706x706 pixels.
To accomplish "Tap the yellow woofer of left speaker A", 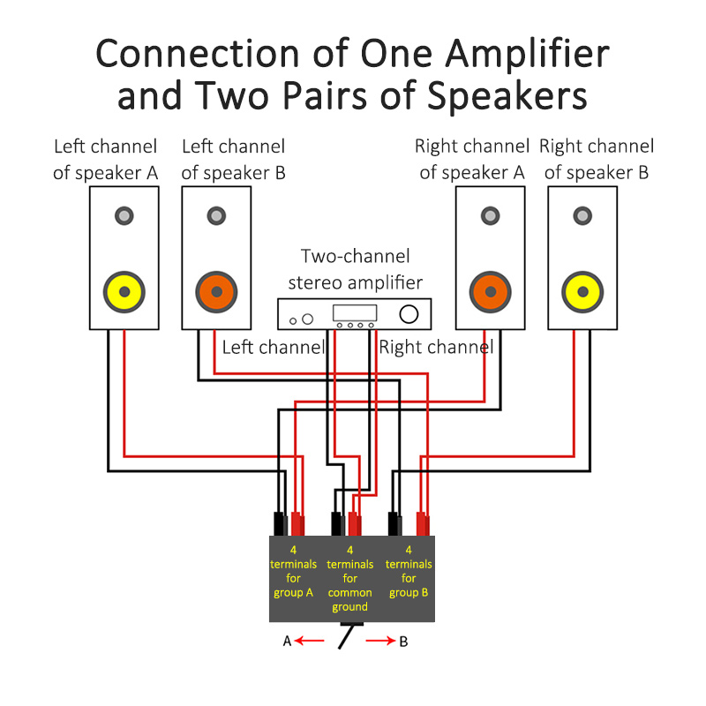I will pos(124,291).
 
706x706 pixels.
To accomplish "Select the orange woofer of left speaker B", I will pos(216,291).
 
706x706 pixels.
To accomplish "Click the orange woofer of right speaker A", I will pos(490,291).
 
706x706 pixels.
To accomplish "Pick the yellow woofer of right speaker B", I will pos(582,291).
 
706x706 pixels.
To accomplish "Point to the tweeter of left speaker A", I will pos(124,215).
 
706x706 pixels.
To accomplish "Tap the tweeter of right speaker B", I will pos(582,215).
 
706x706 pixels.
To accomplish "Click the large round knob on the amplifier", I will pos(409,314).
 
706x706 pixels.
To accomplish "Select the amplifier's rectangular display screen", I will pos(354,312).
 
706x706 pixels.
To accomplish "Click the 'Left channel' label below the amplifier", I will pos(274,348).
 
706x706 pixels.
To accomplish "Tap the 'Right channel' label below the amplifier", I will pos(435,348).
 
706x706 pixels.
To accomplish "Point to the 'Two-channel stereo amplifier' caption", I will pos(355,269).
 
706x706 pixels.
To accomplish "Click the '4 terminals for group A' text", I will pos(293,572).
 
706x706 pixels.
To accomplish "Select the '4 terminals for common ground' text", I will pos(350,579).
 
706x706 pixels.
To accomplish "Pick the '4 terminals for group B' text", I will pos(408,572).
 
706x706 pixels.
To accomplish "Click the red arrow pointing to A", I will pos(310,642).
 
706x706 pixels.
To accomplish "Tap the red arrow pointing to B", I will pos(380,642).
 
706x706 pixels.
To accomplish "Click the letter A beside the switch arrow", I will pos(287,642).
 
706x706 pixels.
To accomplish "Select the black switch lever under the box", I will pos(346,637).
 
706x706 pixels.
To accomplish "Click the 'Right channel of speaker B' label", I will pos(597,159).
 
